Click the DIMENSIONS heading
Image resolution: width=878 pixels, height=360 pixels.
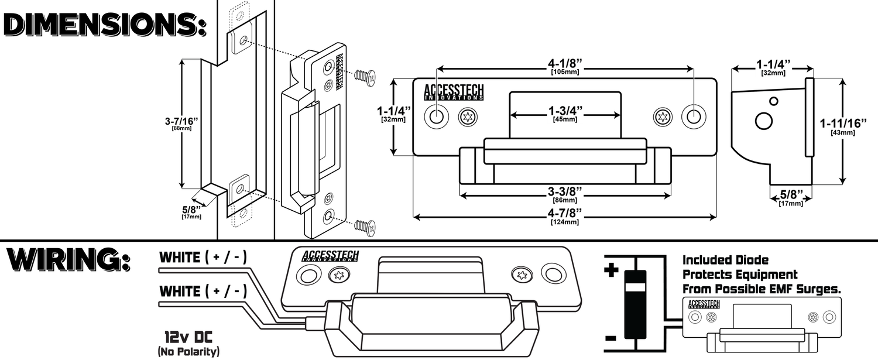tap(104, 25)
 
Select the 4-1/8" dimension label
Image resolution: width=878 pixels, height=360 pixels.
tap(565, 61)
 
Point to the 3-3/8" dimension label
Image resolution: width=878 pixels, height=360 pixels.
tap(565, 192)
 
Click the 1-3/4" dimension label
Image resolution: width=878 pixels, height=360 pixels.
tap(565, 110)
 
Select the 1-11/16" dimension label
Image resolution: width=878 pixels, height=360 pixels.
tap(842, 124)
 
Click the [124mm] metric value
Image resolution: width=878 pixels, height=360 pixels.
tap(565, 222)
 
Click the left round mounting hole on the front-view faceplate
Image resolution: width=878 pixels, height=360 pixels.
tap(437, 117)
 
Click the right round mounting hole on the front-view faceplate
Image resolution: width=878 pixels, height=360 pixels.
tap(693, 116)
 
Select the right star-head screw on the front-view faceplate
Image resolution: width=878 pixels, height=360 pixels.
tap(663, 117)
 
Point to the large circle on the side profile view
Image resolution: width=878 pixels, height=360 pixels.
tap(764, 121)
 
